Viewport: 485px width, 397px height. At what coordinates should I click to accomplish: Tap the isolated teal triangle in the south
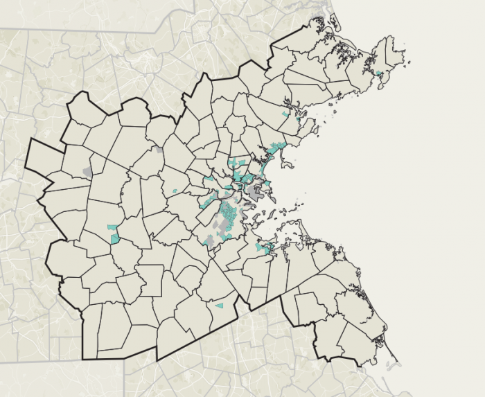point(220,305)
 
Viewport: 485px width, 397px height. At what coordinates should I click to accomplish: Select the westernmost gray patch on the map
point(87,170)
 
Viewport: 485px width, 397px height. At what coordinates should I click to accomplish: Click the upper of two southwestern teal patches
point(112,227)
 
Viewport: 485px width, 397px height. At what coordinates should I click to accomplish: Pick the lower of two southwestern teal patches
point(115,238)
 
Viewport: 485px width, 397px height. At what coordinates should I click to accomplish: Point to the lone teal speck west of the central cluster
point(175,191)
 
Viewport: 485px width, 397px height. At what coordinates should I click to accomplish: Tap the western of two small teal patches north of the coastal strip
point(284,114)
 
